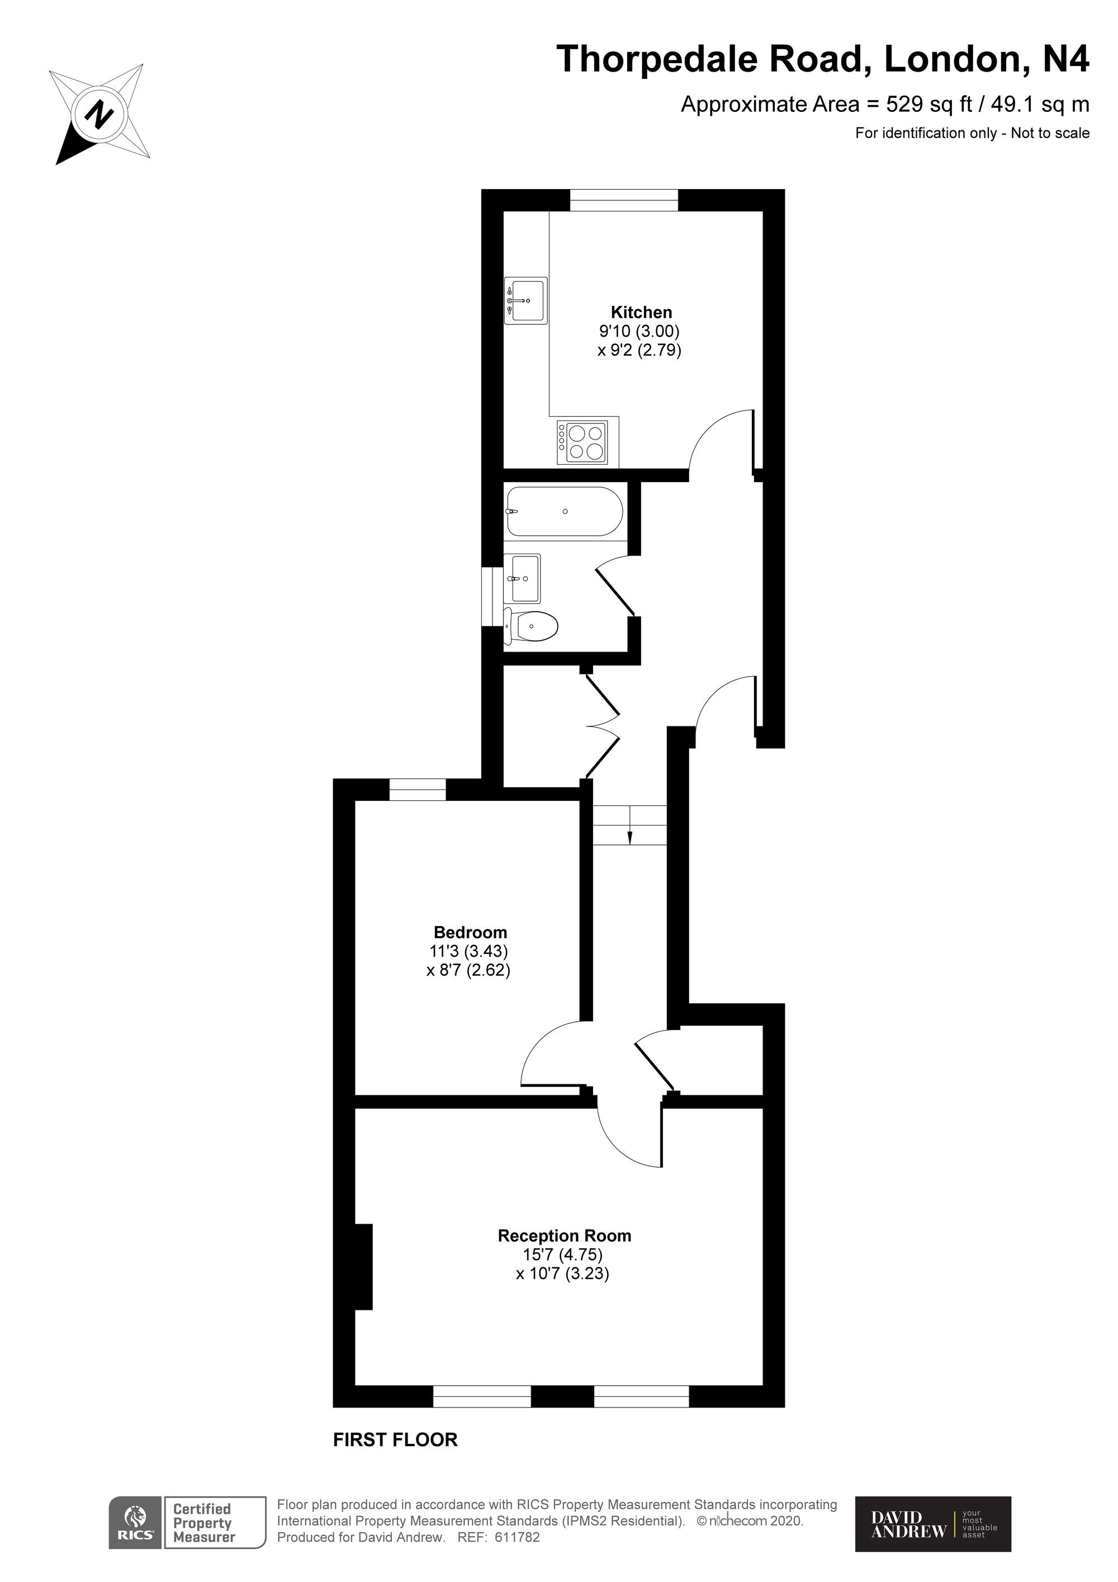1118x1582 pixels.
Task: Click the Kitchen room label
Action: pyautogui.click(x=641, y=312)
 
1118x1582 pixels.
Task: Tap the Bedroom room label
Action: pyautogui.click(x=471, y=932)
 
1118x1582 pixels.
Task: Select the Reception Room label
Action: pyautogui.click(x=564, y=1235)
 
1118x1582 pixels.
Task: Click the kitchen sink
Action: pyautogui.click(x=525, y=300)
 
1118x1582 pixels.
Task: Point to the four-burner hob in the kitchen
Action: pyautogui.click(x=582, y=442)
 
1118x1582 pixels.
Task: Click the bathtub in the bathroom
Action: pyautogui.click(x=565, y=511)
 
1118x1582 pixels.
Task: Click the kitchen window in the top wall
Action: pyautogui.click(x=624, y=201)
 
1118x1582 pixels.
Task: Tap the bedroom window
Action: pyautogui.click(x=418, y=790)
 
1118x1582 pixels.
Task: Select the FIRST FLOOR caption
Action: pyautogui.click(x=395, y=1439)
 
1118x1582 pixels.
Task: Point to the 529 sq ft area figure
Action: pyautogui.click(x=928, y=104)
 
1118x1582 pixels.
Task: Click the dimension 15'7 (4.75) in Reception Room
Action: pyautogui.click(x=563, y=1254)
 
